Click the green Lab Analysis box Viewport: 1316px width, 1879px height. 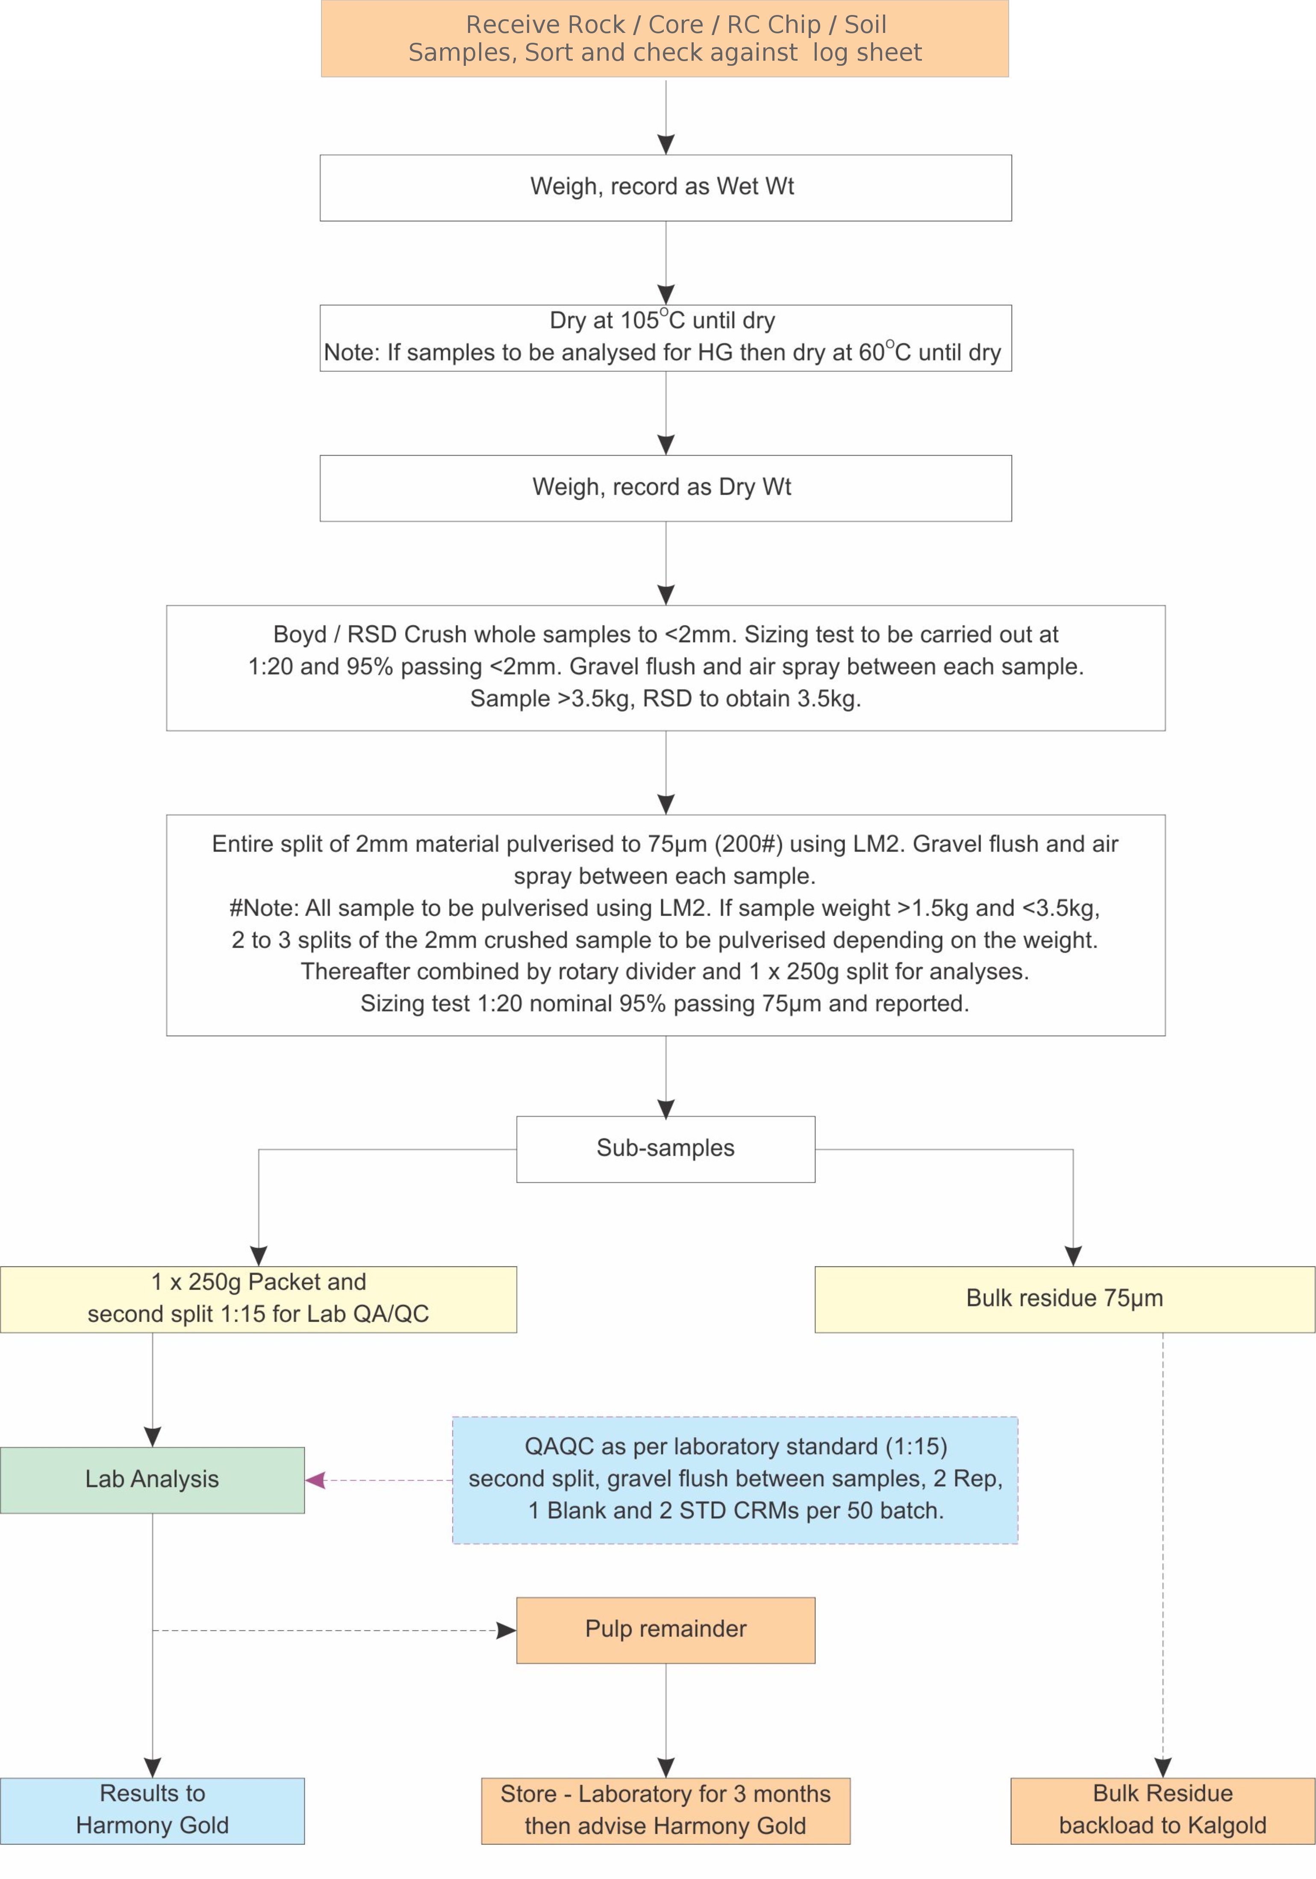coord(152,1480)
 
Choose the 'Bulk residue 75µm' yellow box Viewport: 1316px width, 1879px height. coord(1064,1299)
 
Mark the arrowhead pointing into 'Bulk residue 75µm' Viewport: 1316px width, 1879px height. coord(1073,1255)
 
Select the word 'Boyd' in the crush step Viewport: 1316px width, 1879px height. coord(300,634)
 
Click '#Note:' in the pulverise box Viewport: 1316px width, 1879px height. coord(264,907)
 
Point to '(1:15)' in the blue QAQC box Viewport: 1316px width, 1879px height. coord(916,1446)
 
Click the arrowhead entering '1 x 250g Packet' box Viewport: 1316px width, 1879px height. coord(259,1255)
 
